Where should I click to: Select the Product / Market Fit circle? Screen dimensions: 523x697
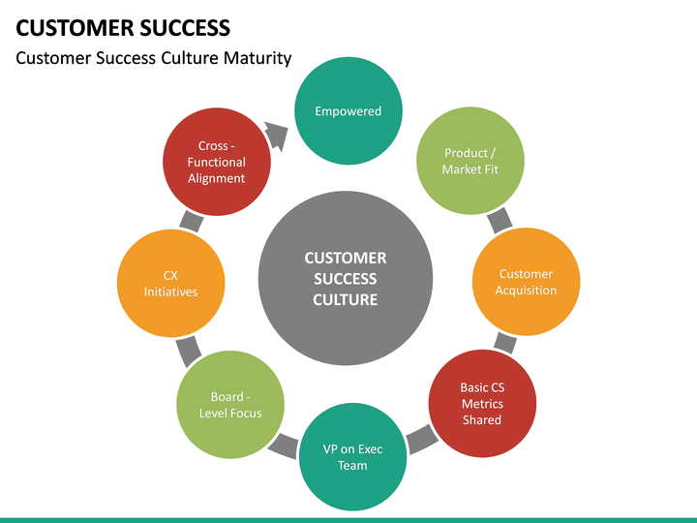coord(470,161)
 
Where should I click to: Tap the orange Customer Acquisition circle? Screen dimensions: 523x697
coord(526,282)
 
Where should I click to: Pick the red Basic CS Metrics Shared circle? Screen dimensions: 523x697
coord(481,403)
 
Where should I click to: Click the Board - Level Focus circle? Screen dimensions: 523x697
coord(230,405)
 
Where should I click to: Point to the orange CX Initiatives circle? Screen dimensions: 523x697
coord(170,283)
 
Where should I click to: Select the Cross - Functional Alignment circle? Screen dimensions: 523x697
coord(216,162)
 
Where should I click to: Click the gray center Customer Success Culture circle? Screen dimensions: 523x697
coord(346,278)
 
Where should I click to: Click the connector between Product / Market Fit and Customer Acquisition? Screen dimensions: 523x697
coord(500,221)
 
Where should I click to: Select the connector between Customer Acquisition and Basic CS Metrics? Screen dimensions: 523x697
coord(504,342)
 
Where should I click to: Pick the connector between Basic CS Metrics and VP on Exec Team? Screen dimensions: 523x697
coord(421,439)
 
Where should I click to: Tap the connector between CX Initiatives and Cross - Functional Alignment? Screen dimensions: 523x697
coord(191,221)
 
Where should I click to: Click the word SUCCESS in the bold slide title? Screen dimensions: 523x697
coord(183,27)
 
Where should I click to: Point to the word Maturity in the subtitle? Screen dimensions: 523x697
coord(257,58)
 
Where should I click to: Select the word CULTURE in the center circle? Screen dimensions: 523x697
coord(346,300)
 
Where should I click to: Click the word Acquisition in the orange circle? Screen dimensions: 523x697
coord(526,291)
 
